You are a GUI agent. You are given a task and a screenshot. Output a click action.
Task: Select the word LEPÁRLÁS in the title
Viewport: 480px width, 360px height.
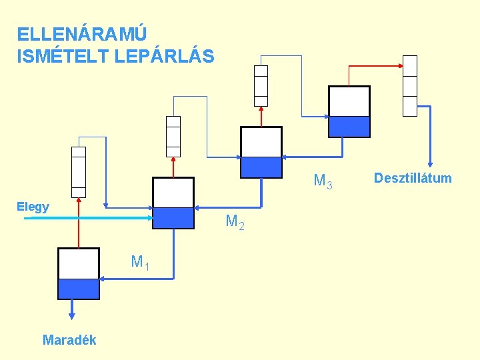coord(165,57)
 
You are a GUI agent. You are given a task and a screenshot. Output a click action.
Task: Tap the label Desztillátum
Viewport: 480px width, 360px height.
coord(413,178)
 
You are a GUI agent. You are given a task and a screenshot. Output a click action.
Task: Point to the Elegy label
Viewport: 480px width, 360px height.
coord(33,207)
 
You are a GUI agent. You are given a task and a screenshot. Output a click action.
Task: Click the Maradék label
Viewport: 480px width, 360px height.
coord(69,340)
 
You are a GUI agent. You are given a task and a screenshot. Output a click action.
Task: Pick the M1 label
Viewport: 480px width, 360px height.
coord(139,262)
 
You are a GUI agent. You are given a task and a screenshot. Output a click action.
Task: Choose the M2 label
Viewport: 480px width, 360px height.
coord(235,221)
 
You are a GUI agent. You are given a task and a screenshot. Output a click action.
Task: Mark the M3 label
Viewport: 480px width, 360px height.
coord(323,181)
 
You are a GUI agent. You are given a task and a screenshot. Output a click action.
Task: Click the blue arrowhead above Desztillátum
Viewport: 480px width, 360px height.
coord(431,163)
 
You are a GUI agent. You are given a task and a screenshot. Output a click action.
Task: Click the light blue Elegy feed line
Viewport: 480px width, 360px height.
coord(87,217)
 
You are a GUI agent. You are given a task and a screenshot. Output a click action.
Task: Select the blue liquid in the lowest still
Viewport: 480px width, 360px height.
coord(79,289)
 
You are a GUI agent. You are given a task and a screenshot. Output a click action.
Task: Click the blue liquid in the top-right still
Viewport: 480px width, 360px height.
coord(349,127)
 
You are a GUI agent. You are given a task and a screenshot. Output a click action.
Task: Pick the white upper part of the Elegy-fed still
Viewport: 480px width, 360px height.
coord(173,193)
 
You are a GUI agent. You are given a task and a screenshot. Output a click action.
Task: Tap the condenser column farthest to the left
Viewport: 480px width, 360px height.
coord(79,172)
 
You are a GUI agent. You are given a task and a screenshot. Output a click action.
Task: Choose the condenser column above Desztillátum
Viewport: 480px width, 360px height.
coord(410,85)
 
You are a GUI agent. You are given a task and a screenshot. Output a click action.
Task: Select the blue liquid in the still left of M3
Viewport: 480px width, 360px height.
coord(261,167)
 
